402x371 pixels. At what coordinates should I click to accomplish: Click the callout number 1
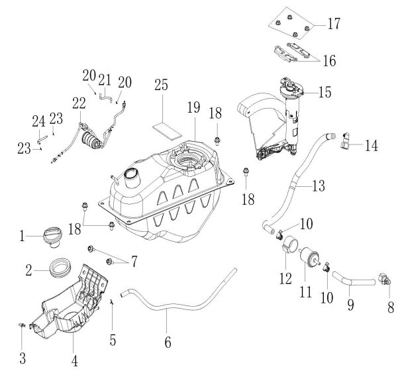(23, 235)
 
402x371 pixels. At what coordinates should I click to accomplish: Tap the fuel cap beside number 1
(52, 237)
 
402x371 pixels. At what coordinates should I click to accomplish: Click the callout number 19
(193, 107)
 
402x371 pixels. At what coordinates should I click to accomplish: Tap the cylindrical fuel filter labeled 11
(306, 260)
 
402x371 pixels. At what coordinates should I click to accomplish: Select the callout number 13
(319, 187)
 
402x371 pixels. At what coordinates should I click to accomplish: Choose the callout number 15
(325, 92)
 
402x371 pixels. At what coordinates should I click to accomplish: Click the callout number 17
(333, 25)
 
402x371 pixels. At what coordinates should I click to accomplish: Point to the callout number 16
(329, 60)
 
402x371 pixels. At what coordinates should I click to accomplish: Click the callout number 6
(168, 343)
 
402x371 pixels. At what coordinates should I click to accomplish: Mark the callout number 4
(75, 361)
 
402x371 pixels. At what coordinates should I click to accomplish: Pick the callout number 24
(38, 121)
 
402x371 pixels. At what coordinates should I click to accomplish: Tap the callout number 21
(105, 80)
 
